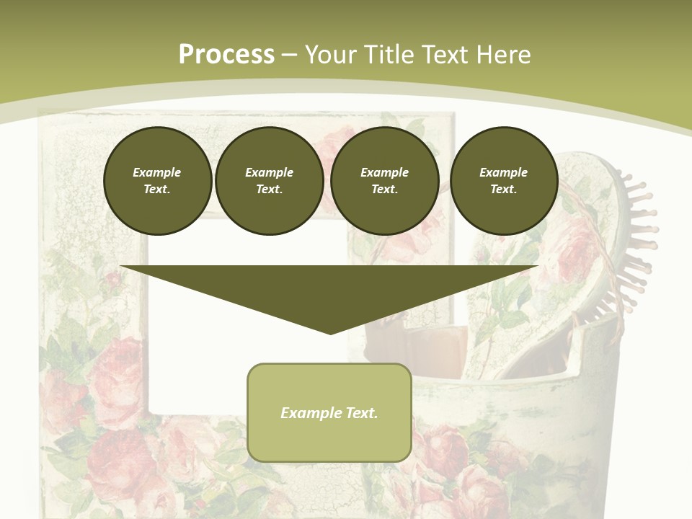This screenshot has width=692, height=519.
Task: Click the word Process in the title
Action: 226,55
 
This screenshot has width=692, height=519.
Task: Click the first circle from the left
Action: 157,181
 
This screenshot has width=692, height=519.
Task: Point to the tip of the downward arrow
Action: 330,333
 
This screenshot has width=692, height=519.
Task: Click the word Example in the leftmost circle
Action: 157,172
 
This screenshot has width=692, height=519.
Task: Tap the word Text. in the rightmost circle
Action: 504,189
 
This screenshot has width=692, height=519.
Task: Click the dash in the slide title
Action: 290,55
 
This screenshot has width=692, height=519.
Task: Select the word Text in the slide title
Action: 443,55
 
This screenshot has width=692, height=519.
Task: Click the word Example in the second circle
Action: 269,172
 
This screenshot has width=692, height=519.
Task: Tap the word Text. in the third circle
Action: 384,189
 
